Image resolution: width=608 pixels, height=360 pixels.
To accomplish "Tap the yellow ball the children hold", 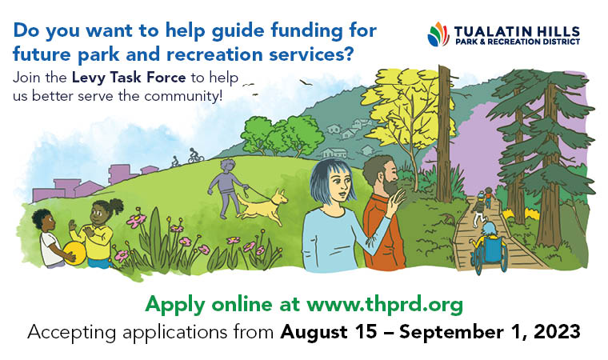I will [74, 254].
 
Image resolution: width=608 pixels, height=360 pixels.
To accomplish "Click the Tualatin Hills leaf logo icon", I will [438, 34].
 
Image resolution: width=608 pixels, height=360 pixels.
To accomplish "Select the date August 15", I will [323, 330].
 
